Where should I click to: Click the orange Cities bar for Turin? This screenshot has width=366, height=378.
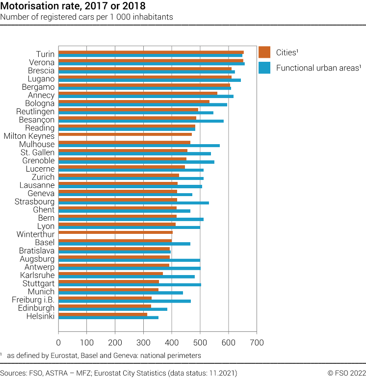(151, 52)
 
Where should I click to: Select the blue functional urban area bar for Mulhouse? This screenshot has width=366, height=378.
(139, 146)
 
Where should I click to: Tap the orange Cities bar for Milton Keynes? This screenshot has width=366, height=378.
(125, 134)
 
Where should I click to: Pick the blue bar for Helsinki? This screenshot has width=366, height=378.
(108, 318)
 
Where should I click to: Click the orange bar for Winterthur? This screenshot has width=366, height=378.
(116, 232)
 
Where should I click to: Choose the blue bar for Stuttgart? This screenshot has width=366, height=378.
(130, 285)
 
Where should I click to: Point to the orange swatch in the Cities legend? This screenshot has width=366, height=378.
(264, 51)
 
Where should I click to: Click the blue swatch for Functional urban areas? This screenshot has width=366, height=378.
(264, 68)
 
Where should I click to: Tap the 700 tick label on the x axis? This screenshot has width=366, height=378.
(257, 342)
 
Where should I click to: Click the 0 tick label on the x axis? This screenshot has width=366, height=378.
(58, 342)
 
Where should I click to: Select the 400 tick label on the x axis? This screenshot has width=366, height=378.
(172, 342)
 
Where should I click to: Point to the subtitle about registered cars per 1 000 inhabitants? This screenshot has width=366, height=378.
(86, 17)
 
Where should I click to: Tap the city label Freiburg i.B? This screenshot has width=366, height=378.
(33, 300)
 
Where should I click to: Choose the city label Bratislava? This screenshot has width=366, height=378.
(37, 251)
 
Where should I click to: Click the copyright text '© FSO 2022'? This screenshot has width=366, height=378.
(346, 373)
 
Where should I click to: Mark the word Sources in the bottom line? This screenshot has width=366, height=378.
(14, 373)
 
